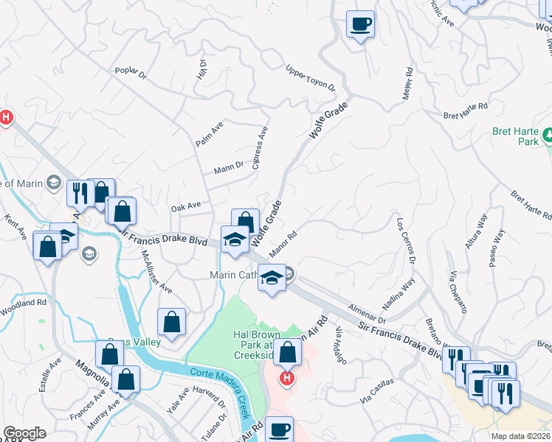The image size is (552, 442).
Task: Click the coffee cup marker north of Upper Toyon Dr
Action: pos(360,24)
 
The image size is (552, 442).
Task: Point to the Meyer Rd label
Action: pos(407,85)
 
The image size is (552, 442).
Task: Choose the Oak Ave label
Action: pos(185,206)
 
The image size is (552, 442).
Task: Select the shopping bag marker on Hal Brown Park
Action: pos(288,351)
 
